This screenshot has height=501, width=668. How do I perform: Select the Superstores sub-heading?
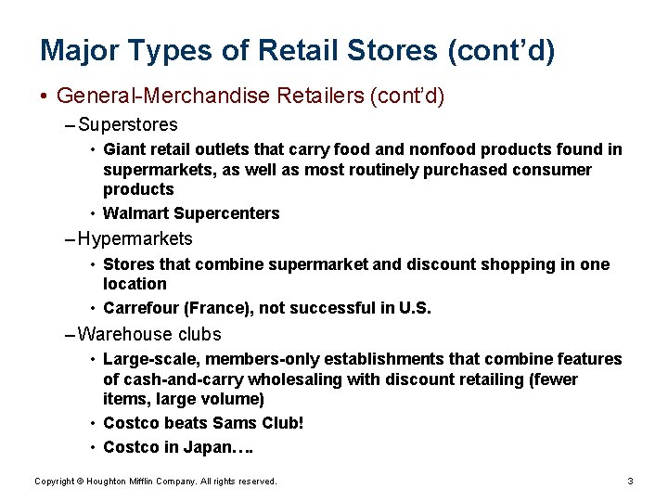coord(128,123)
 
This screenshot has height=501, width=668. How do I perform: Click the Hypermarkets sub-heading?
coord(135,238)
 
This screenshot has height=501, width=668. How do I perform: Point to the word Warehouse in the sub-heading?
coord(122,334)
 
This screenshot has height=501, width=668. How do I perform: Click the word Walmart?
coord(135,213)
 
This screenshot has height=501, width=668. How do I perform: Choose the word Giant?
coord(123,149)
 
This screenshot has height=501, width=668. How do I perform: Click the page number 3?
coord(630,482)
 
